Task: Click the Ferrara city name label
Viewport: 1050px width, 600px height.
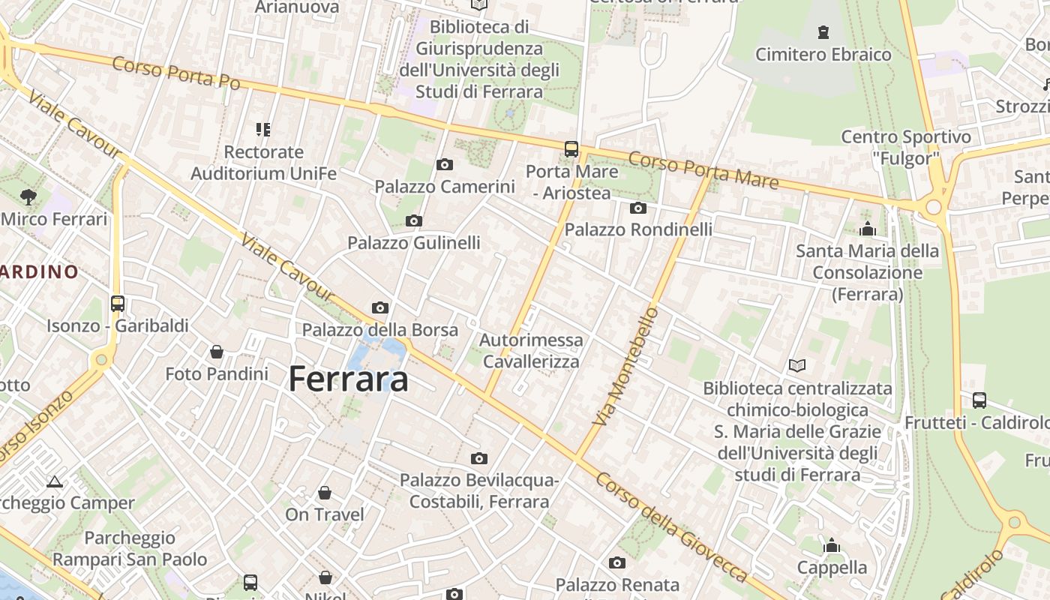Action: [x=349, y=379]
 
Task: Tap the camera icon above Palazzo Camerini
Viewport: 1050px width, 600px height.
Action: [x=444, y=164]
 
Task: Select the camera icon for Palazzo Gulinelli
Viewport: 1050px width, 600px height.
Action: [x=413, y=220]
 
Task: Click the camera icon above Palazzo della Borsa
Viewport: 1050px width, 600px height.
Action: [x=380, y=307]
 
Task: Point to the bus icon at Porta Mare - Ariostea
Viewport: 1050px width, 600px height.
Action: [x=571, y=148]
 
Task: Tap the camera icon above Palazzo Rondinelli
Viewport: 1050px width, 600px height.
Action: [x=638, y=208]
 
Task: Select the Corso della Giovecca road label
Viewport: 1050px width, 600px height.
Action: [x=672, y=525]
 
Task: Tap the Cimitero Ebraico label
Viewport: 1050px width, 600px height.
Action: [x=823, y=55]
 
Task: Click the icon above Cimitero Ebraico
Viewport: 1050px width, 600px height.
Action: [x=823, y=32]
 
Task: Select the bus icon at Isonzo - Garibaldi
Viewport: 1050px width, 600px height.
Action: [x=118, y=304]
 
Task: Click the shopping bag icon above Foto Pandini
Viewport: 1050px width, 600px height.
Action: [x=217, y=351]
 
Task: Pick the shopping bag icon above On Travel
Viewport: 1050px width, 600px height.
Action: [x=325, y=492]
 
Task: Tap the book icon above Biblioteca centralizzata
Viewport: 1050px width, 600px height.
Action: [x=797, y=366]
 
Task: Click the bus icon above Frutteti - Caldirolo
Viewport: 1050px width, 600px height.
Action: [x=979, y=400]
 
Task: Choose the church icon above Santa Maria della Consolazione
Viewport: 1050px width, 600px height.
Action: [x=868, y=228]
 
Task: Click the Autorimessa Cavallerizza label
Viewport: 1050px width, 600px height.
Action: [x=531, y=350]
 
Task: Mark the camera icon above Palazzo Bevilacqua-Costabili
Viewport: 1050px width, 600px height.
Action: [x=478, y=458]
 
